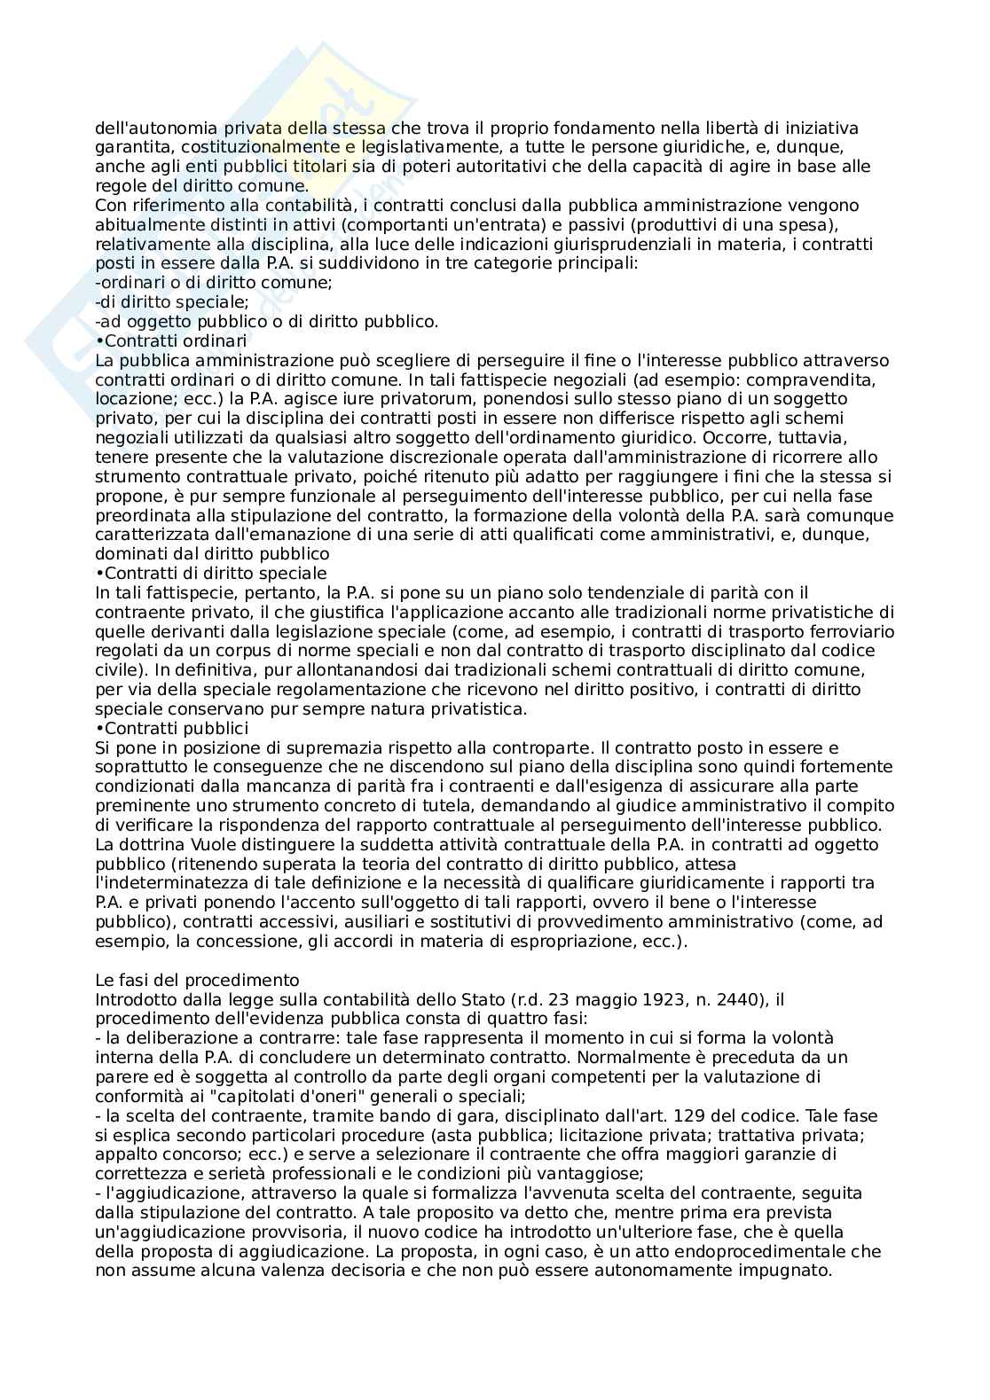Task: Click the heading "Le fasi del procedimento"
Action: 197,980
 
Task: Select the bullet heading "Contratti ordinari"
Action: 175,341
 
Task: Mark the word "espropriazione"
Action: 588,941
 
